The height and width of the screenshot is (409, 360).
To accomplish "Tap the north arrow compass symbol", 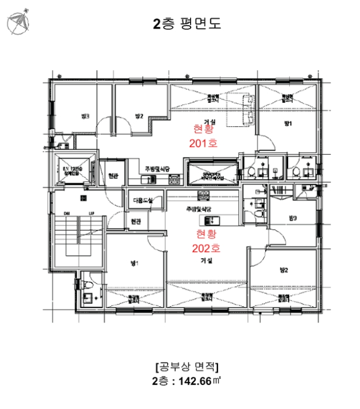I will [18, 22].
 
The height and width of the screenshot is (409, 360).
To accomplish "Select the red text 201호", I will [203, 143].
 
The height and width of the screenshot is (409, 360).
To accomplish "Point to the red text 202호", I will [205, 248].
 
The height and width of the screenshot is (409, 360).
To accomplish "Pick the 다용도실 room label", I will [143, 201].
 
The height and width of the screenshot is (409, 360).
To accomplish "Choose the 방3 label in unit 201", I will [85, 116].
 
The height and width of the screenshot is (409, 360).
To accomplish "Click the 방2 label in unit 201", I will [139, 116].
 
